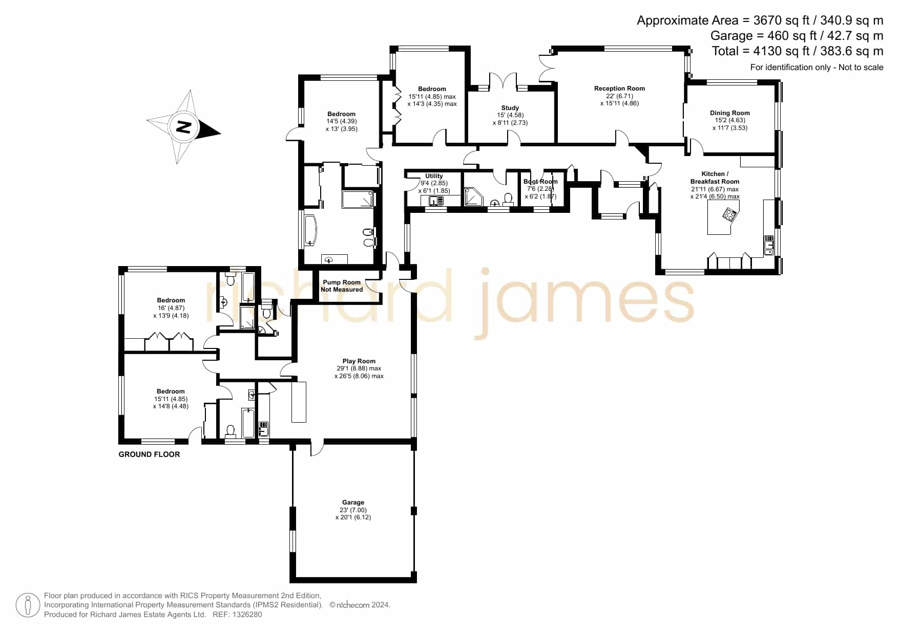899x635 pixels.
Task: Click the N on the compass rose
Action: pos(183,127)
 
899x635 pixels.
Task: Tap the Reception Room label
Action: pos(619,89)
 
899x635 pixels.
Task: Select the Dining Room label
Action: pos(729,113)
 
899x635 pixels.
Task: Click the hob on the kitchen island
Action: pos(729,214)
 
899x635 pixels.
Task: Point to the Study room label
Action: pos(510,108)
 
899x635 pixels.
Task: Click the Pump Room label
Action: pos(342,282)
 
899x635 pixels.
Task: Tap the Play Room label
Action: pos(359,361)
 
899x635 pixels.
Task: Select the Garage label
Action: pos(353,502)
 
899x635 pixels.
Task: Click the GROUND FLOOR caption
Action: pos(149,454)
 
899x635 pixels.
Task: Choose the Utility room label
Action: pos(434,176)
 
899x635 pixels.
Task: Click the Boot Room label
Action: pos(540,182)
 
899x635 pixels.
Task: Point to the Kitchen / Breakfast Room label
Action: pos(715,178)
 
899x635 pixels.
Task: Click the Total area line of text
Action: pos(798,51)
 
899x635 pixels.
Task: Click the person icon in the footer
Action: pos(28,605)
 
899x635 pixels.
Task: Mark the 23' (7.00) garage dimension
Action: pos(353,510)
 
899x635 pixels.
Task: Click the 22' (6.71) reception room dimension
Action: pos(619,96)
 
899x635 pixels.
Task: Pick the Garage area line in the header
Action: pos(797,36)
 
